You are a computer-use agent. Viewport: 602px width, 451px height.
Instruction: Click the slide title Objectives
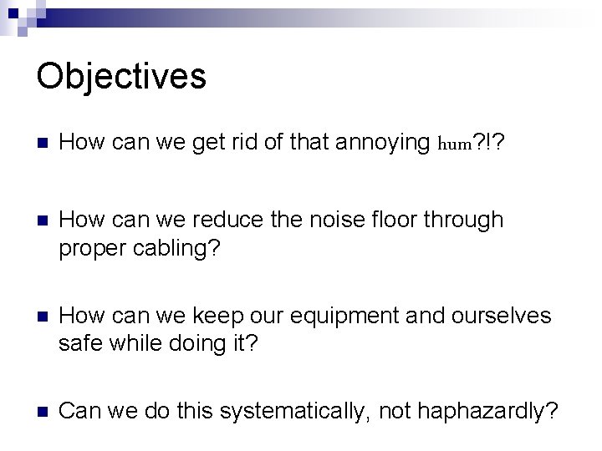click(x=121, y=76)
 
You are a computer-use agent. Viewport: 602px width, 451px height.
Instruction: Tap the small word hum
click(x=456, y=144)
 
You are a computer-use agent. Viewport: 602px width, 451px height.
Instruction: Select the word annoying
click(x=385, y=144)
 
